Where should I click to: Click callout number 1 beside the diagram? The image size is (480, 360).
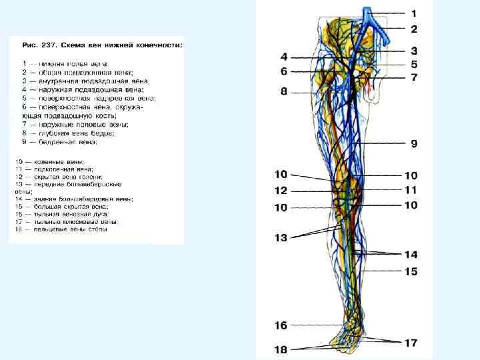413,13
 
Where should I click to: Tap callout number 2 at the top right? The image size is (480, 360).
413,29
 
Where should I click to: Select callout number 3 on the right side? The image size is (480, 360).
413,51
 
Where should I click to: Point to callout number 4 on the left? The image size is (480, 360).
283,57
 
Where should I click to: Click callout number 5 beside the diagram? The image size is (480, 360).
413,65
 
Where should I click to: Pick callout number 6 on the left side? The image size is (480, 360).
283,71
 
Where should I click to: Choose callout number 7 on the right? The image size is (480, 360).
413,78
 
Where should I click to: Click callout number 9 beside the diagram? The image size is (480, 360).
413,143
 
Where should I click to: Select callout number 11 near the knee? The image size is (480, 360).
411,190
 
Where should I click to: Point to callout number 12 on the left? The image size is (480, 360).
280,191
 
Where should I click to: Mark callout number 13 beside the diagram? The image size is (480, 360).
280,237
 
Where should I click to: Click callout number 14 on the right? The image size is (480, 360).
411,254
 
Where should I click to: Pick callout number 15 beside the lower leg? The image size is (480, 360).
411,271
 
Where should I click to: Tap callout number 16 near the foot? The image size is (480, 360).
280,325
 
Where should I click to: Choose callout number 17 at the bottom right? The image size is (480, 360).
411,343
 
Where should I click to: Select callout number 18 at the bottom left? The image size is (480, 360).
280,349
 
